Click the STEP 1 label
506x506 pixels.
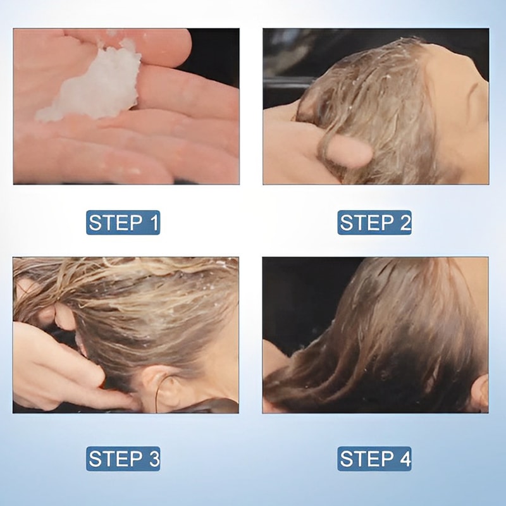point(123,223)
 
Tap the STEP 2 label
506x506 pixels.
point(374,223)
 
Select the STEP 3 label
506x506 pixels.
point(123,459)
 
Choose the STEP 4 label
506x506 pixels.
point(374,459)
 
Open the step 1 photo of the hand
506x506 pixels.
point(126,106)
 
